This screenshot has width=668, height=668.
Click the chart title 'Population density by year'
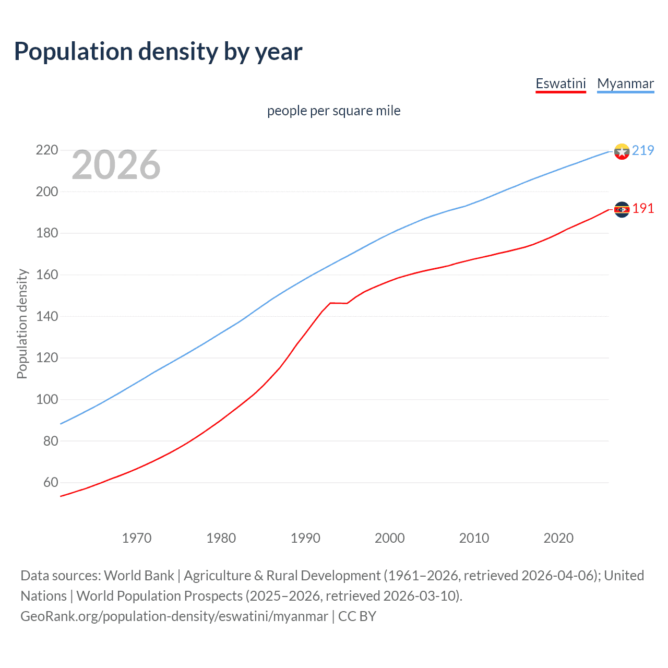[158, 52]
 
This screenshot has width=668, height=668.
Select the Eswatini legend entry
[560, 84]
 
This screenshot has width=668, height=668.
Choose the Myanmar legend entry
[625, 84]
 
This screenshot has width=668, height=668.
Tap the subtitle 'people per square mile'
[333, 111]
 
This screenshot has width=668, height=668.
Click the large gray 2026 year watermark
[116, 165]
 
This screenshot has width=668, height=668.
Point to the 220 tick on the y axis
[47, 150]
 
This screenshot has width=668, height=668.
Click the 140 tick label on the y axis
[47, 316]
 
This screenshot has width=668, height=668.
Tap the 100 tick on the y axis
[47, 399]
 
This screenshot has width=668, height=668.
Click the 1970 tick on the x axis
[137, 538]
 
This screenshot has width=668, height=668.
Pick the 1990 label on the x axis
[305, 538]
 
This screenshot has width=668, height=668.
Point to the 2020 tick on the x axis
[558, 538]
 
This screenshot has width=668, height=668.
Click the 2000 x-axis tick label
[390, 538]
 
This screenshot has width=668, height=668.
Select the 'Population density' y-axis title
[22, 324]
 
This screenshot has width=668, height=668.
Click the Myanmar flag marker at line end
[622, 151]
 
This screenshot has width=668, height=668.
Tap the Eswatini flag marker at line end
[622, 209]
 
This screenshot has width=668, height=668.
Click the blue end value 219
[643, 151]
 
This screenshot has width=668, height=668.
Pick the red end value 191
[643, 209]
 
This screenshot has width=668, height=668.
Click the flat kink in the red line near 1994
[338, 303]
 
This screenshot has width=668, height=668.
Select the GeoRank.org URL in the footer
[174, 616]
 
